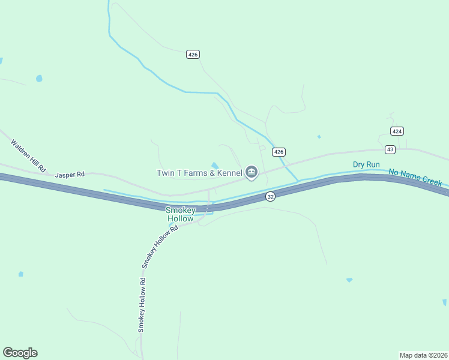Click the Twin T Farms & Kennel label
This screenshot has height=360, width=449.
point(199,173)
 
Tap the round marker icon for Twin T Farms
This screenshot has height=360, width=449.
point(252,173)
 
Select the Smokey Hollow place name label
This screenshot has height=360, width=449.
point(180,214)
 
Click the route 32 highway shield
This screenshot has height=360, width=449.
point(271,197)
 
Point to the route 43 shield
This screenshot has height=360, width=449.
point(390,149)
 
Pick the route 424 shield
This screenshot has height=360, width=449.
point(397,131)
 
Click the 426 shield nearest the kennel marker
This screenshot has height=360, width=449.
point(278,152)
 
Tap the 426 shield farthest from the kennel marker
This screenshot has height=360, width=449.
point(193,54)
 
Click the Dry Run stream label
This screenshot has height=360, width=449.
point(366,164)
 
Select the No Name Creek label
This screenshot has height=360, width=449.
point(415,177)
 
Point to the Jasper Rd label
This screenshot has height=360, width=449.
point(70,175)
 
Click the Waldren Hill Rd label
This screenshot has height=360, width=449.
point(28,155)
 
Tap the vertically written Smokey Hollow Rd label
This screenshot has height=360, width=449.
point(142,305)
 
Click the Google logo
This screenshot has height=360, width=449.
point(20,353)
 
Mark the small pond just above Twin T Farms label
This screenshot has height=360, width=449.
point(214,166)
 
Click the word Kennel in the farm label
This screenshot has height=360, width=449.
point(229,173)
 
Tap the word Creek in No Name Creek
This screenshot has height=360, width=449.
point(431,181)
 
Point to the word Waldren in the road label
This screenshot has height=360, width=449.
point(22,150)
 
